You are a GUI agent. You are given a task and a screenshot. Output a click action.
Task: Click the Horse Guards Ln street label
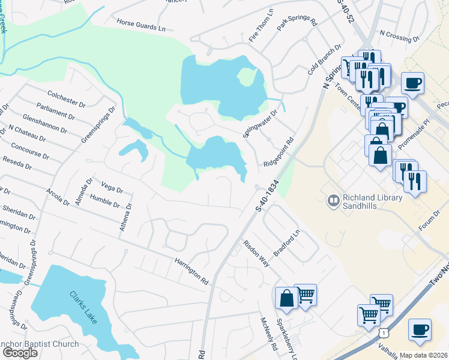coord(141,26)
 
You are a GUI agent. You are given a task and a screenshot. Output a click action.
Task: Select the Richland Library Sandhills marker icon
coord(333,199)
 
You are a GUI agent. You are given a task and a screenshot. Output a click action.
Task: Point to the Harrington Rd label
coord(191,271)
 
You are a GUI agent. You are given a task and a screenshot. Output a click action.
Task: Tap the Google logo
coord(20,353)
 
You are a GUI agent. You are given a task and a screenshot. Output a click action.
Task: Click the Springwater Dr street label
coord(261,122)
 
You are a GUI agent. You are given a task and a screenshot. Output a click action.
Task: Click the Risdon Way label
coord(257,255)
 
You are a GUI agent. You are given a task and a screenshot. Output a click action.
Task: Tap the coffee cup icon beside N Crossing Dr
coord(413,83)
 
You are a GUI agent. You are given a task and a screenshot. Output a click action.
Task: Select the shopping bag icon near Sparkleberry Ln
coord(286,299)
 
